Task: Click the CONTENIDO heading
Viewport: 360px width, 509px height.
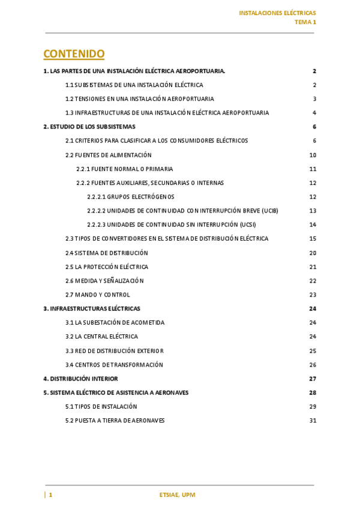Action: [x=74, y=54]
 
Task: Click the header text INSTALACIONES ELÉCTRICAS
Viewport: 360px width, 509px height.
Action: [x=277, y=13]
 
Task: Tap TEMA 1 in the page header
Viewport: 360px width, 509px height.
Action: [x=305, y=22]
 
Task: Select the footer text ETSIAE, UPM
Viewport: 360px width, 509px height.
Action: [x=178, y=495]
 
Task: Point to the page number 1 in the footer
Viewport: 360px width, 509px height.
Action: [x=50, y=495]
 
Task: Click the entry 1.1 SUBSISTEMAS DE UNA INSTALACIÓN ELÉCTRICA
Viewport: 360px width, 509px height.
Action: [x=134, y=85]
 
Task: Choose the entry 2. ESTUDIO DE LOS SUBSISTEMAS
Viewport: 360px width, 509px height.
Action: [x=89, y=127]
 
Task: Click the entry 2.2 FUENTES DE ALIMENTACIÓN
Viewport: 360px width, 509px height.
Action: [x=109, y=155]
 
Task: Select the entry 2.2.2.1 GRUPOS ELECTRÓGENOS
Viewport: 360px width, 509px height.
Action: [x=131, y=197]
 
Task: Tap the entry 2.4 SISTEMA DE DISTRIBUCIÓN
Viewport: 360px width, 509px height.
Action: [x=107, y=253]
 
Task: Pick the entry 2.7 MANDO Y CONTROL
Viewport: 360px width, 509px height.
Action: [x=98, y=295]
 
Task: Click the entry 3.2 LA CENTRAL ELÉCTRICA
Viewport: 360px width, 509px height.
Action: [x=101, y=337]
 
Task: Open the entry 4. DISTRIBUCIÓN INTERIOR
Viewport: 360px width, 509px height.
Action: [x=80, y=379]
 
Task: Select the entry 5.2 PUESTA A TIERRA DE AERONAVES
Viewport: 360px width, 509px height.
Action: [x=115, y=421]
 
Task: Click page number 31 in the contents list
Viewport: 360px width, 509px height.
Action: [x=313, y=421]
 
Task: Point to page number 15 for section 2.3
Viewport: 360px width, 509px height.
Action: [x=313, y=239]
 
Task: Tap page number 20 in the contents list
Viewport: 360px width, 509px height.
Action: [x=313, y=253]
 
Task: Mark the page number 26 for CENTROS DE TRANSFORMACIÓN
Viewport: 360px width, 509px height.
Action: [x=313, y=365]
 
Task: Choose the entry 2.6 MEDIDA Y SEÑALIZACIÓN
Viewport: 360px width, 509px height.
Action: [x=104, y=281]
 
